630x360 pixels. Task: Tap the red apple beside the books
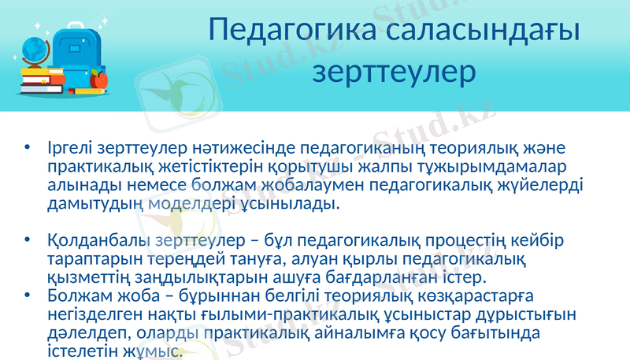pos(98,79)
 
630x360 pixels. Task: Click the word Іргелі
pos(71,149)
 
